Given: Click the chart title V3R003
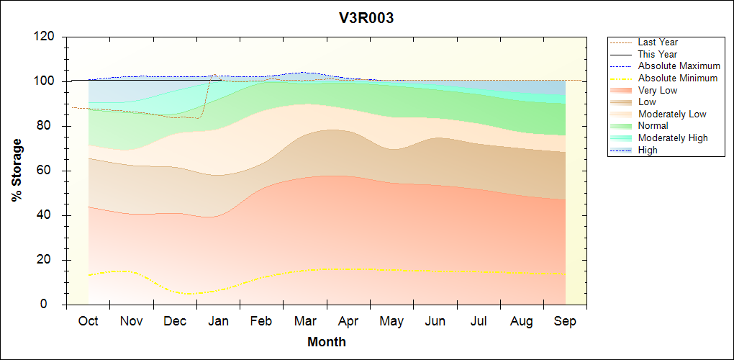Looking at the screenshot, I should (x=366, y=18).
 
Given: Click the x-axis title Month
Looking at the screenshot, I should (x=327, y=341).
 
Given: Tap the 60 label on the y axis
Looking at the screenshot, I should (x=46, y=171).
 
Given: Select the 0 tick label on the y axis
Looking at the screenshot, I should (x=50, y=305).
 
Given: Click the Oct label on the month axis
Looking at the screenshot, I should (x=89, y=321).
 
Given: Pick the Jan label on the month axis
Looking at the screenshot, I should (x=218, y=321).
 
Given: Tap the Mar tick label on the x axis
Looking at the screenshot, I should (x=305, y=321).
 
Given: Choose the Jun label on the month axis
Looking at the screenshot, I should (x=435, y=321).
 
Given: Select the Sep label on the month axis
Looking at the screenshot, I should (x=565, y=321).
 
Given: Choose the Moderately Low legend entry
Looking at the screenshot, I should (x=672, y=114).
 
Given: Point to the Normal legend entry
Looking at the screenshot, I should (x=653, y=126).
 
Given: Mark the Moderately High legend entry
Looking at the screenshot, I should (x=673, y=138).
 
